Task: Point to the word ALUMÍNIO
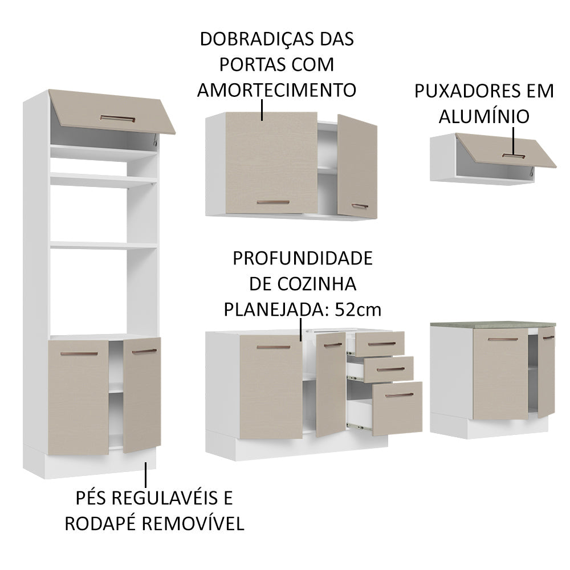tap(484, 116)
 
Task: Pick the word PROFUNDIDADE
tap(302, 258)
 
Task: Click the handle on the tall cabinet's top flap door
tap(117, 118)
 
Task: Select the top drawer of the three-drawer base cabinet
tap(380, 344)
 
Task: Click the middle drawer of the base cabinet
tap(389, 369)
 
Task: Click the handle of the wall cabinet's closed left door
tap(271, 202)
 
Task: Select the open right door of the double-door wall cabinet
tap(357, 165)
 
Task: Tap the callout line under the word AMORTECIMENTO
tap(262, 109)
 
